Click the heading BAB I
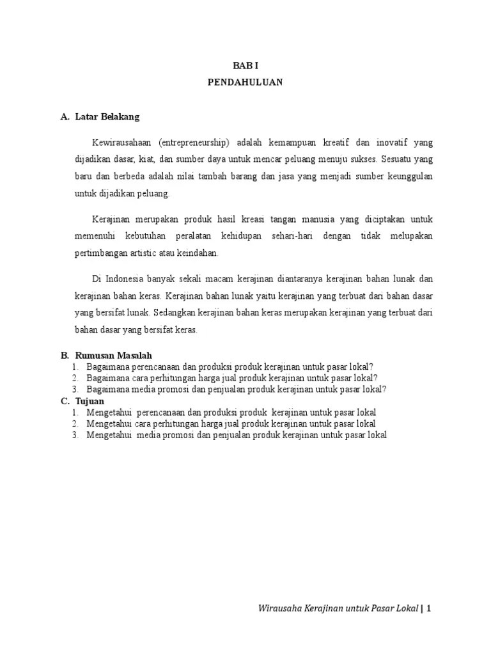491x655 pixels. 245,66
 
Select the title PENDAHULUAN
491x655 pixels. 245,83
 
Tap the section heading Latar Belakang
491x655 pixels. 107,117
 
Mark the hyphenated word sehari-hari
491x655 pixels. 290,236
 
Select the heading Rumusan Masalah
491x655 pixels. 114,356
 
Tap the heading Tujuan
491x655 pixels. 90,401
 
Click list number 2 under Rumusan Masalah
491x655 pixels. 75,378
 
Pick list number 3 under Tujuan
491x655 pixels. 75,435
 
